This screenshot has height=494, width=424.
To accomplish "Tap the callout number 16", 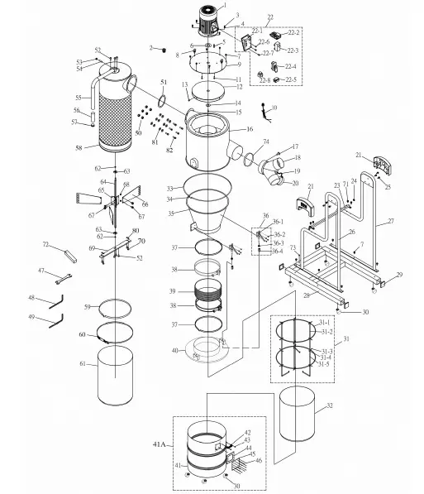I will [249, 129].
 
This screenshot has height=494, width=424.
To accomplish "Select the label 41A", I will [160, 445].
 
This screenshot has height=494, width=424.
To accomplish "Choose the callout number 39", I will [172, 291].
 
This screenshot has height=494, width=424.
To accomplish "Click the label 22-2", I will [293, 33].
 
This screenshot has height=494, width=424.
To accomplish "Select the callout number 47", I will [41, 271].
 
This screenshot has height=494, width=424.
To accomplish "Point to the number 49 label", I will [31, 317].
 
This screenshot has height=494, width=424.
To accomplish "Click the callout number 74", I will [266, 142].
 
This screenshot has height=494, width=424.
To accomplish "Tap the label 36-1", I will [279, 222].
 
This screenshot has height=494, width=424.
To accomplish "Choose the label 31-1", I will [326, 322].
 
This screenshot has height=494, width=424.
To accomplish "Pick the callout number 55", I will [77, 97].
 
